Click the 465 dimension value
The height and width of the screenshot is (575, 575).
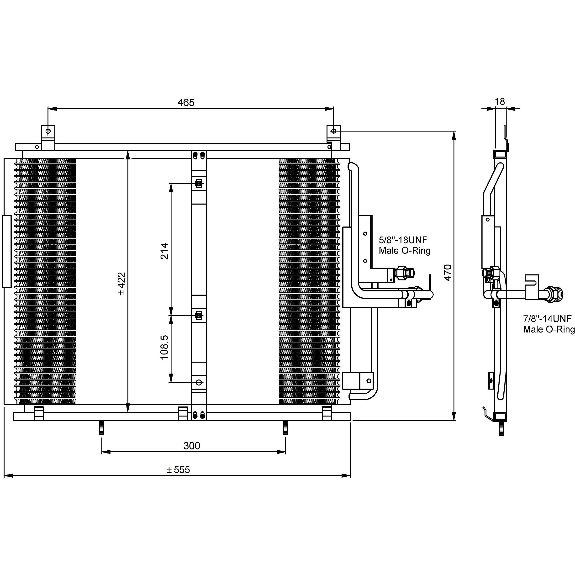pos(186,102)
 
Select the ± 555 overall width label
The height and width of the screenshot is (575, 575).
pos(178,470)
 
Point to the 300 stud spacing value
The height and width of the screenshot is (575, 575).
pos(192,446)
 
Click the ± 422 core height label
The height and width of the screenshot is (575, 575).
pos(122,284)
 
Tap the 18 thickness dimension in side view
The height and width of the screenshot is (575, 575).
pos(500,101)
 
